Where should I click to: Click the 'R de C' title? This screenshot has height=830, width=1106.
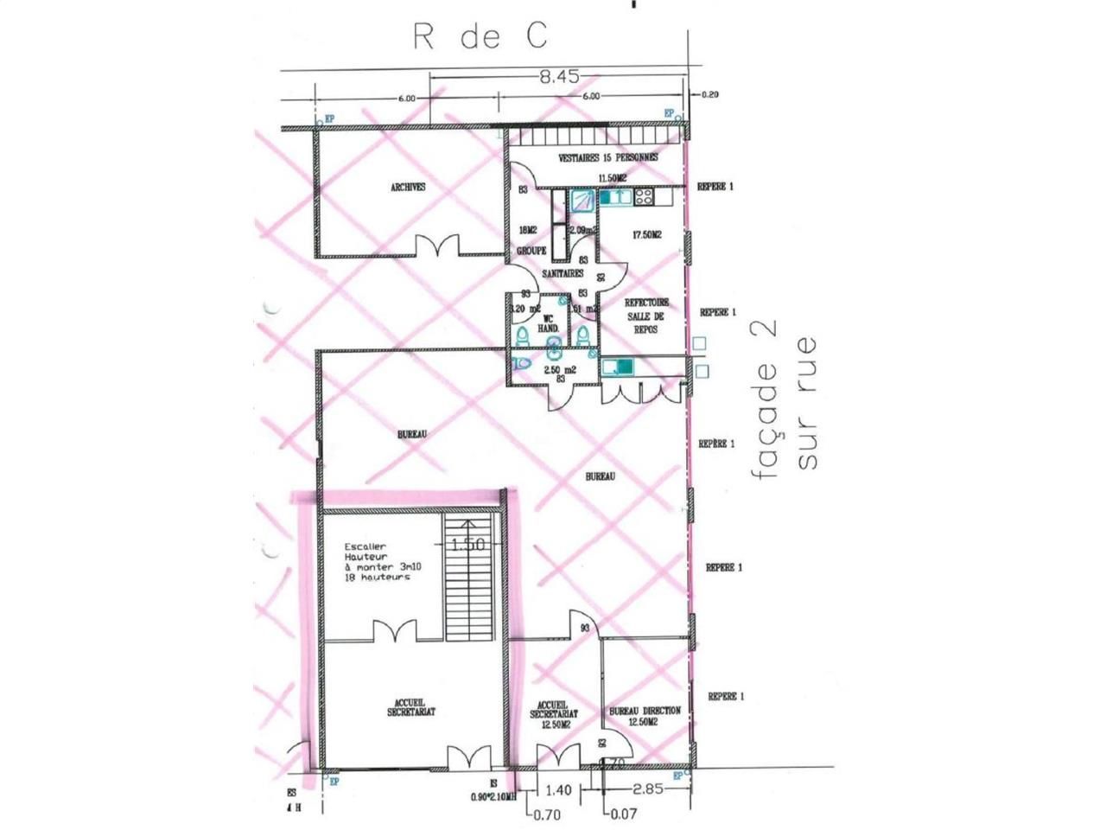480,37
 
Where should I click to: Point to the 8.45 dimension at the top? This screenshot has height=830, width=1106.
559,77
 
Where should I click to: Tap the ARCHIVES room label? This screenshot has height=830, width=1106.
408,187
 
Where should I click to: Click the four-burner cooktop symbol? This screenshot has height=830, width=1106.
645,197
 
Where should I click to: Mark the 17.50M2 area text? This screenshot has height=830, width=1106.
646,234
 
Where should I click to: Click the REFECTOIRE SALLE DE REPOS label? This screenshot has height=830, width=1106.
646,316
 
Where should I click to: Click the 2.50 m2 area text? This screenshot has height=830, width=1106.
559,369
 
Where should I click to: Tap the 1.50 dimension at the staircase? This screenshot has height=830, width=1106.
468,546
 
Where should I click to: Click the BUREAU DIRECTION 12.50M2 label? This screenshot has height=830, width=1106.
645,716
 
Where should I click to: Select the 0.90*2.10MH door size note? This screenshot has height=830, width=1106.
493,796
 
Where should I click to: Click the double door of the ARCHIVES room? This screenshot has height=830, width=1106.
441,247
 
